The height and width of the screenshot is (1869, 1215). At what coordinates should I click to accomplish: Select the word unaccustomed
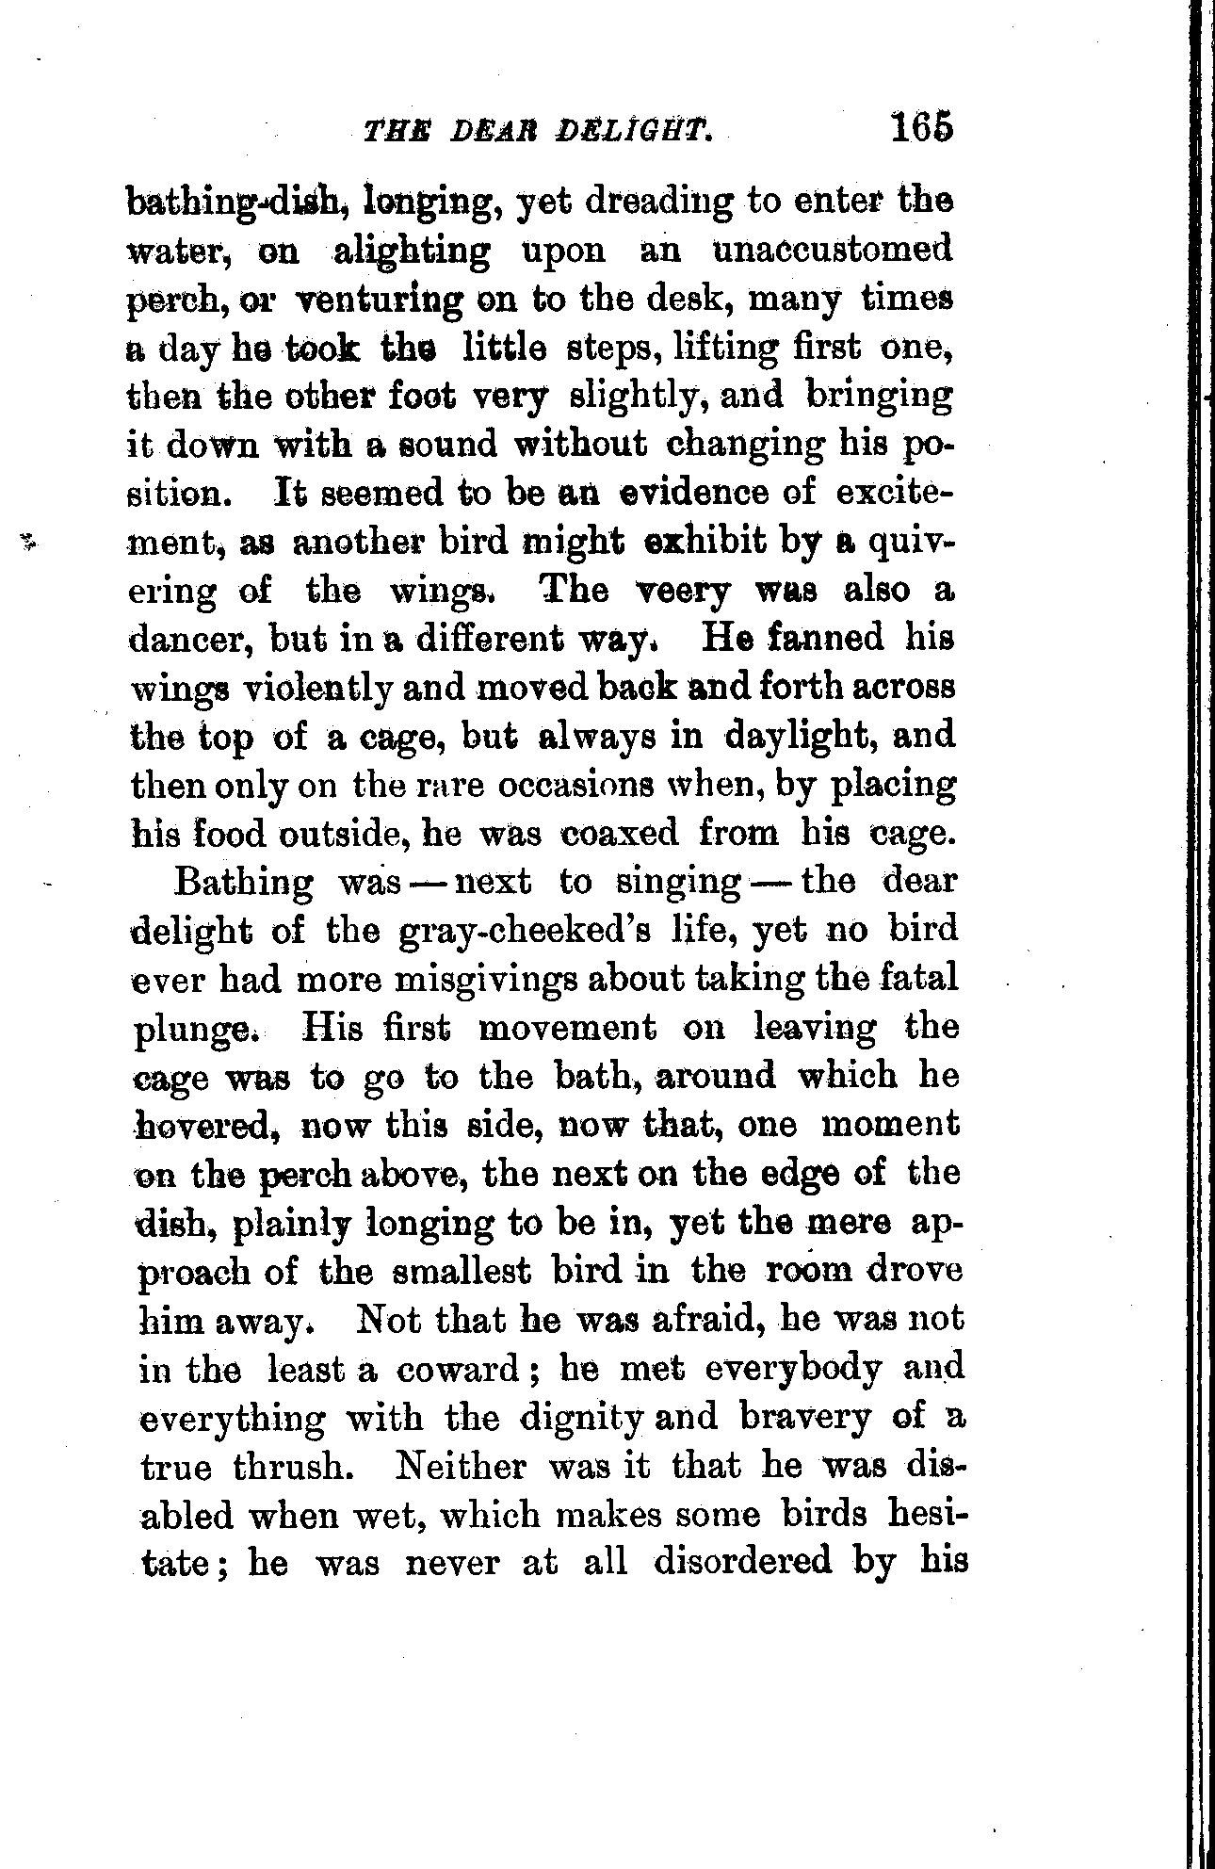click(x=832, y=252)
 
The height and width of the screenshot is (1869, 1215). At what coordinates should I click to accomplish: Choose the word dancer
click(x=189, y=640)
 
